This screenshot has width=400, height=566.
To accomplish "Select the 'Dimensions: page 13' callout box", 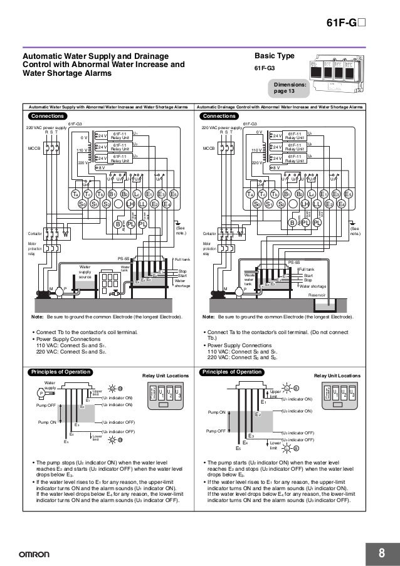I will pyautogui.click(x=289, y=88).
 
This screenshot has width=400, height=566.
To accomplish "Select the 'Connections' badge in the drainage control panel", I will pyautogui.click(x=218, y=116).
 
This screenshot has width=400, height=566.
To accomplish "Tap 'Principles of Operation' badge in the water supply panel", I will pyautogui.click(x=56, y=372).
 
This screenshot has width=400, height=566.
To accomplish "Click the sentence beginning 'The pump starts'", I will pyautogui.click(x=271, y=464).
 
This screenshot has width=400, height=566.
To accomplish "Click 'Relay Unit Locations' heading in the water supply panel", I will pyautogui.click(x=165, y=376).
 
